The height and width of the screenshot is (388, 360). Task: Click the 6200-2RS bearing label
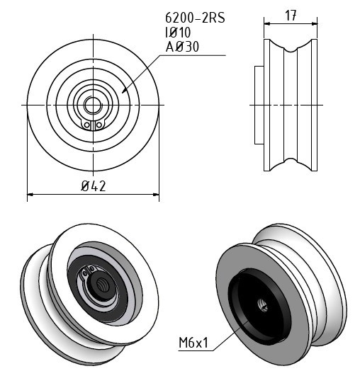click(195, 18)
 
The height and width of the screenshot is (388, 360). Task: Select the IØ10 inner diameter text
click(178, 33)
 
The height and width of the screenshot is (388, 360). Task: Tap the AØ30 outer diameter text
click(182, 47)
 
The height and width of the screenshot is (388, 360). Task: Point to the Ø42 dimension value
click(94, 186)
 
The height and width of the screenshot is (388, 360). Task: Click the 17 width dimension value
click(291, 16)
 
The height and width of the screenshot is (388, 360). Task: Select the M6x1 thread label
click(193, 343)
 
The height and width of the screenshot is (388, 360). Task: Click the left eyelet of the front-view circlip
click(87, 125)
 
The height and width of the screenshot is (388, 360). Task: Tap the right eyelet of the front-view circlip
click(99, 125)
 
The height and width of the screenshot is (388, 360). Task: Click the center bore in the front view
click(93, 105)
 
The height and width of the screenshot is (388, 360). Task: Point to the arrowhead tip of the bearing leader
click(123, 93)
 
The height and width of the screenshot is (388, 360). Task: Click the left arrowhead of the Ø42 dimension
click(30, 195)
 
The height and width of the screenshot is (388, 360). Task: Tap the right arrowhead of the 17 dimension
click(315, 24)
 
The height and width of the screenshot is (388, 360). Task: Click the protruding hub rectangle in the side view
click(259, 105)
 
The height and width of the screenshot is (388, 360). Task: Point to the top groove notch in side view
click(291, 49)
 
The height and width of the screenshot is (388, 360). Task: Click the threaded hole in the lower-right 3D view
click(263, 305)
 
